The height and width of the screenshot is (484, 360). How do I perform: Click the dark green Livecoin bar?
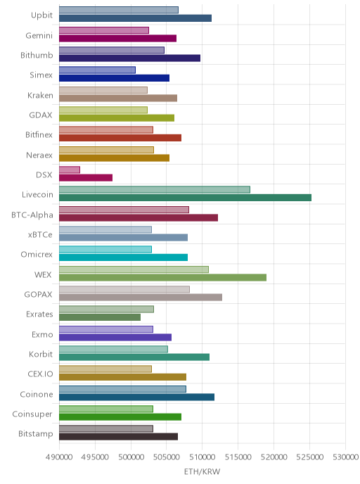[x=185, y=198]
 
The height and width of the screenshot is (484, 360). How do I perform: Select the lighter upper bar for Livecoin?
[x=155, y=189]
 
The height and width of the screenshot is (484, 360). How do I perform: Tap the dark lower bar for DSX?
[x=86, y=178]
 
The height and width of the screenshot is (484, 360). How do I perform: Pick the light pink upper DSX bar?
[x=70, y=170]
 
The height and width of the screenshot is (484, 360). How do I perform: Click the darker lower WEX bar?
[x=162, y=277]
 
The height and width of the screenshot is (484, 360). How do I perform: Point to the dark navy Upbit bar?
[x=135, y=18]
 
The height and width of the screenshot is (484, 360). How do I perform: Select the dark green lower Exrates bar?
[x=100, y=317]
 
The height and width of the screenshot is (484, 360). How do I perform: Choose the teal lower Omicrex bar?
[x=123, y=257]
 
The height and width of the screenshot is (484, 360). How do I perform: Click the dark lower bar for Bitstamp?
[x=118, y=437]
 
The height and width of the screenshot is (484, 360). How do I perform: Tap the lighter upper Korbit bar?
[x=113, y=349]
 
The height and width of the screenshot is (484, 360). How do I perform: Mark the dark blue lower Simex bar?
[x=114, y=78]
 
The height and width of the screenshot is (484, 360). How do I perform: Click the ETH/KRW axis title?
[x=202, y=471]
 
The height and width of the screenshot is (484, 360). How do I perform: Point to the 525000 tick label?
[x=309, y=457]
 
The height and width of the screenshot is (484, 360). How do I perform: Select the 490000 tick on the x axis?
[x=59, y=457]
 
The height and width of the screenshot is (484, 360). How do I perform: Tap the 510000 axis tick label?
[x=202, y=457]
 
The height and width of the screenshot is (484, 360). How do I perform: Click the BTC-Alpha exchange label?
[x=32, y=215]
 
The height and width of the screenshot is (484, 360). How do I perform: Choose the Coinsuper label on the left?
[x=32, y=414]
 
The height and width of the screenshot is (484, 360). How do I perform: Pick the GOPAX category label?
[x=38, y=295]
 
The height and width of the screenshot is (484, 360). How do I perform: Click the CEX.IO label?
[x=40, y=374]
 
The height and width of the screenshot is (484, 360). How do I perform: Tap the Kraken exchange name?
[x=40, y=96]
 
